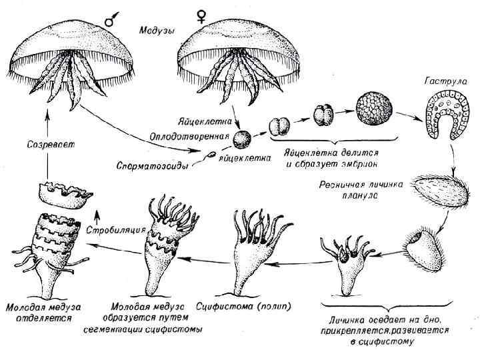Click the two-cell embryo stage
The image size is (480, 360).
click(x=279, y=126)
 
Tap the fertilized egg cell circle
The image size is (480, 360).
click(x=245, y=140)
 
